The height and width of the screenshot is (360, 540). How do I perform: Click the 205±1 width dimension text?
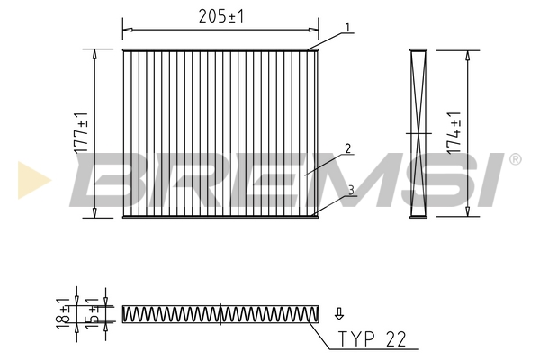click(221, 16)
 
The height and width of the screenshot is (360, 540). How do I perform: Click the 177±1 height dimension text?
click(81, 133)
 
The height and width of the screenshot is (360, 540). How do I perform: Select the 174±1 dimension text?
click(454, 133)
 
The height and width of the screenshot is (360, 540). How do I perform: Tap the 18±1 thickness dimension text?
click(63, 313)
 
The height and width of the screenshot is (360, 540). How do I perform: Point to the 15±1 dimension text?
click(92, 313)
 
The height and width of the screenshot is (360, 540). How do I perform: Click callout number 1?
click(348, 27)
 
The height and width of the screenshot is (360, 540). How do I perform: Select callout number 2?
click(347, 148)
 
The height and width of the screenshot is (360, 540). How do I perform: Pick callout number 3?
click(351, 190)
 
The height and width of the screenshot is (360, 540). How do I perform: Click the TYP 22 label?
click(373, 339)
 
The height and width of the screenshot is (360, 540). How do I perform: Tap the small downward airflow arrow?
click(339, 313)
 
